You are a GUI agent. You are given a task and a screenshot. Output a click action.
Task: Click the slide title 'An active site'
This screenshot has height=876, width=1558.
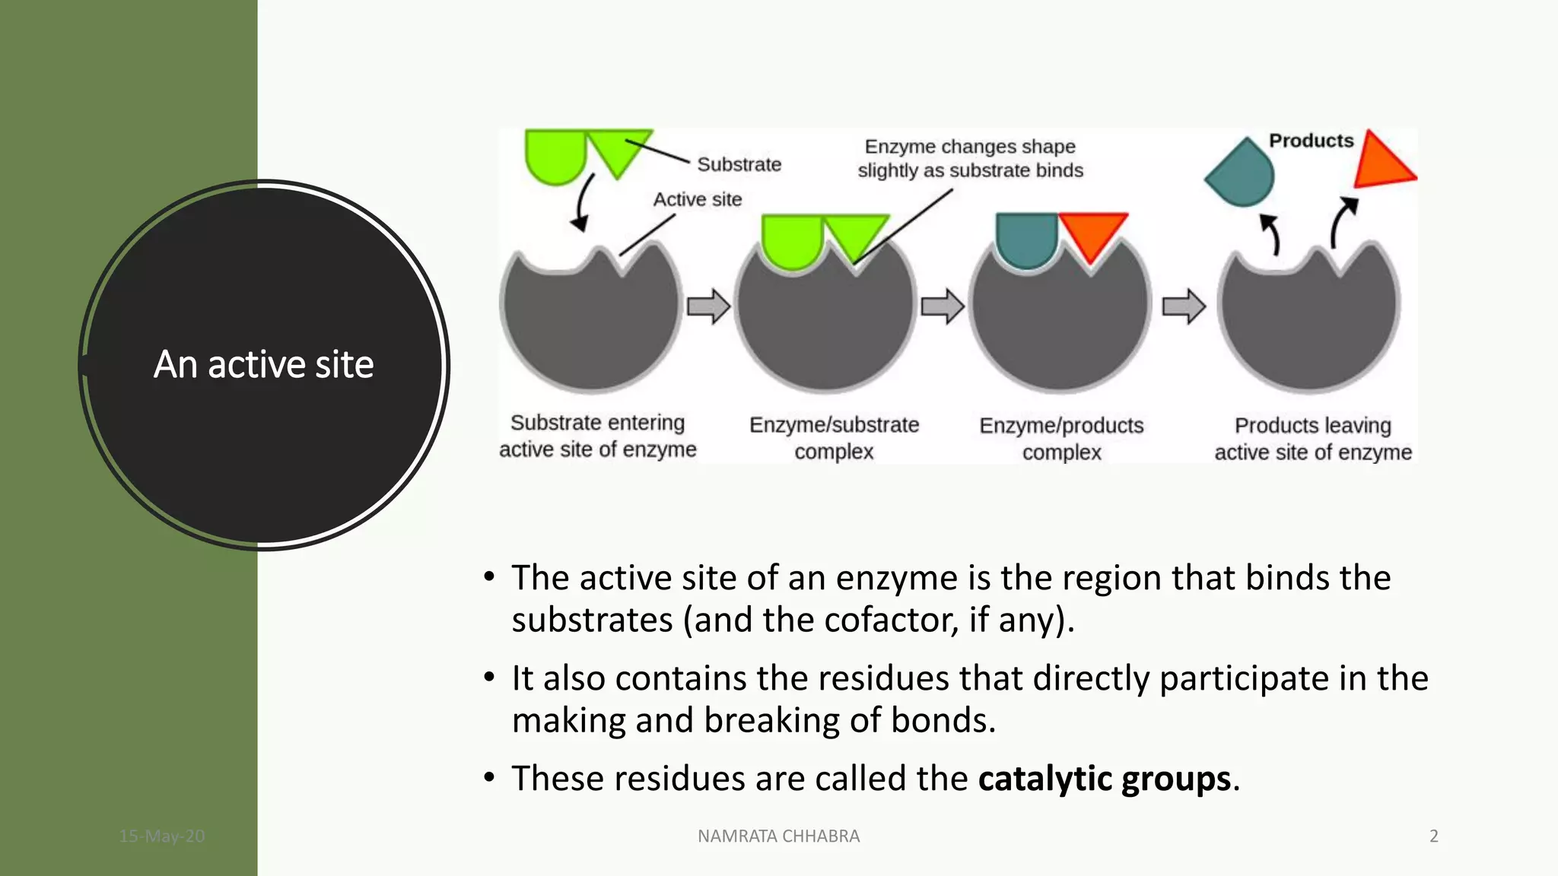pos(263,364)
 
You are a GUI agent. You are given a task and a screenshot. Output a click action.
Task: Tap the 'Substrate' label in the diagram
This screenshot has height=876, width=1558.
pos(739,164)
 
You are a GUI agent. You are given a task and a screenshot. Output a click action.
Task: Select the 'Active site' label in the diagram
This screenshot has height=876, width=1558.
pos(697,199)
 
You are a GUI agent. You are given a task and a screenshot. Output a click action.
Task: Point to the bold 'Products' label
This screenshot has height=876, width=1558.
pos(1311,141)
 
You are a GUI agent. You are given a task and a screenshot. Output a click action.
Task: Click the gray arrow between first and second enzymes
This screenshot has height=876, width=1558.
pos(708,306)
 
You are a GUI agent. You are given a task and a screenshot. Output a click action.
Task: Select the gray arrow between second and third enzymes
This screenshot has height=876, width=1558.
pos(942,306)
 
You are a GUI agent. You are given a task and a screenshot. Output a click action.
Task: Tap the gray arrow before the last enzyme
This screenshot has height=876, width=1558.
pos(1183,306)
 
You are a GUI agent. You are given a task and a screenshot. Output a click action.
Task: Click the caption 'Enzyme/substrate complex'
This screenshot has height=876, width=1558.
pos(834,438)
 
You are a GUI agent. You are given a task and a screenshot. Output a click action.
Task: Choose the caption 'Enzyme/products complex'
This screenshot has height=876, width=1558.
pos(1061,439)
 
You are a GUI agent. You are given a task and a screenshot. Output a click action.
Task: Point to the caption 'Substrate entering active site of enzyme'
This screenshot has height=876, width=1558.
pos(597,436)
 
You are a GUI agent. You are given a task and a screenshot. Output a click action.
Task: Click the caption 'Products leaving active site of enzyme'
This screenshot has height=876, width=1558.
pos(1312,439)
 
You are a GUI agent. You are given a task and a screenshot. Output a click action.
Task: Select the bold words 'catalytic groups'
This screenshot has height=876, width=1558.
pos(1104,779)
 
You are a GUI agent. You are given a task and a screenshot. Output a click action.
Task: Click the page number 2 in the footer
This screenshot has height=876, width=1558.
pos(1433,836)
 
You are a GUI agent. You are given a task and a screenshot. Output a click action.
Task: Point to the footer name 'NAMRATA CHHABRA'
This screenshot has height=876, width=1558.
pos(778,836)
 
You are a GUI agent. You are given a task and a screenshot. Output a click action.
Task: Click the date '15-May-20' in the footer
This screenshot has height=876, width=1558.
pos(161,836)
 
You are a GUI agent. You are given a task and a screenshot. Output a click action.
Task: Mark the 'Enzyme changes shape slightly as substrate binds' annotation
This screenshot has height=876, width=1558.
pos(970,158)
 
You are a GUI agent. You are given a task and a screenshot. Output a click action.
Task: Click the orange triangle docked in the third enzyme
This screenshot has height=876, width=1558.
pos(1091,233)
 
